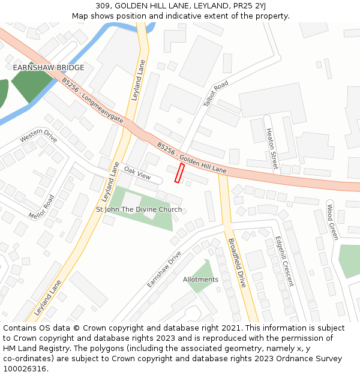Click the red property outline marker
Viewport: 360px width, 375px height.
click(179, 173)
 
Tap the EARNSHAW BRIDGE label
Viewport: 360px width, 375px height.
click(49, 68)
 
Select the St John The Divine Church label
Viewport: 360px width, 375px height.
click(139, 209)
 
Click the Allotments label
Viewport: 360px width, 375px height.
click(200, 280)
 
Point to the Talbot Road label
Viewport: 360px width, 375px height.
click(216, 94)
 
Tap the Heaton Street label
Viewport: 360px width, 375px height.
click(272, 149)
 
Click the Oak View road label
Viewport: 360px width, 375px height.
click(137, 173)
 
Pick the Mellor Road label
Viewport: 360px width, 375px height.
click(41, 206)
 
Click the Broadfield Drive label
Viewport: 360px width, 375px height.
click(236, 263)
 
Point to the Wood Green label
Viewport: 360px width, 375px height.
click(332, 222)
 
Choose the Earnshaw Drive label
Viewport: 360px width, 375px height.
click(164, 269)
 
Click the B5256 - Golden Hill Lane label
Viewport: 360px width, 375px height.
click(192, 158)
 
